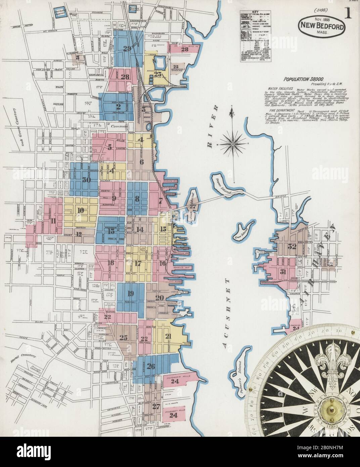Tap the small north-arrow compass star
[233, 144]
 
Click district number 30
[87, 180]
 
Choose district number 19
[131, 294]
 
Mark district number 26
[151, 366]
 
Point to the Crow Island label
[240, 235]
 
